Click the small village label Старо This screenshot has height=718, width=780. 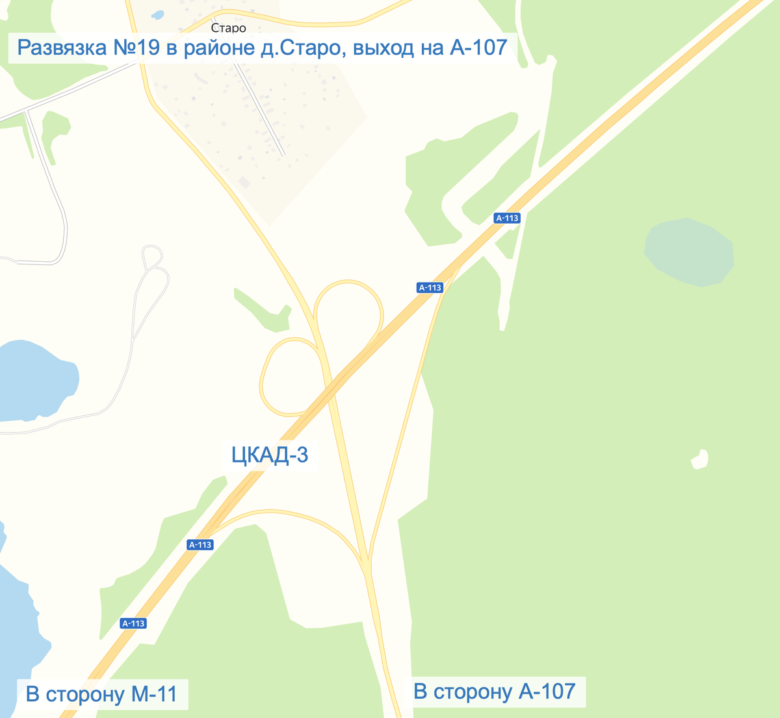click(228, 28)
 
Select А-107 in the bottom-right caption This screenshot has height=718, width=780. click(547, 691)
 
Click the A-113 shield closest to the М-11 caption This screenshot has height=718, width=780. click(133, 623)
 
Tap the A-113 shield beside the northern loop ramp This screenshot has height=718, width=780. click(430, 287)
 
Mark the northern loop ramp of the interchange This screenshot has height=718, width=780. click(348, 283)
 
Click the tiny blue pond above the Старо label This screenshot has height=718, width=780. click(157, 14)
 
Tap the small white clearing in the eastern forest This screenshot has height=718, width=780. click(699, 459)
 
